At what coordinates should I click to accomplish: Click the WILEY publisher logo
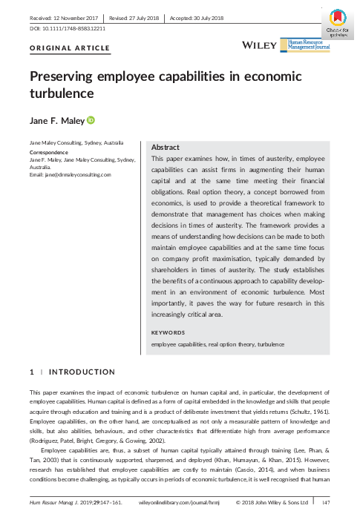(x=261, y=45)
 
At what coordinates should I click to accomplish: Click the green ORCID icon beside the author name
(x=91, y=119)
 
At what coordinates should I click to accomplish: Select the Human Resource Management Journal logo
(x=309, y=45)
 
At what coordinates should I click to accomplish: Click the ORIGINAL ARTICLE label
(x=70, y=48)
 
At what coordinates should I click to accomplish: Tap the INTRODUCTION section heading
(x=82, y=372)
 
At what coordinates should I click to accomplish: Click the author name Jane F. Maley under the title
(x=56, y=119)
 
